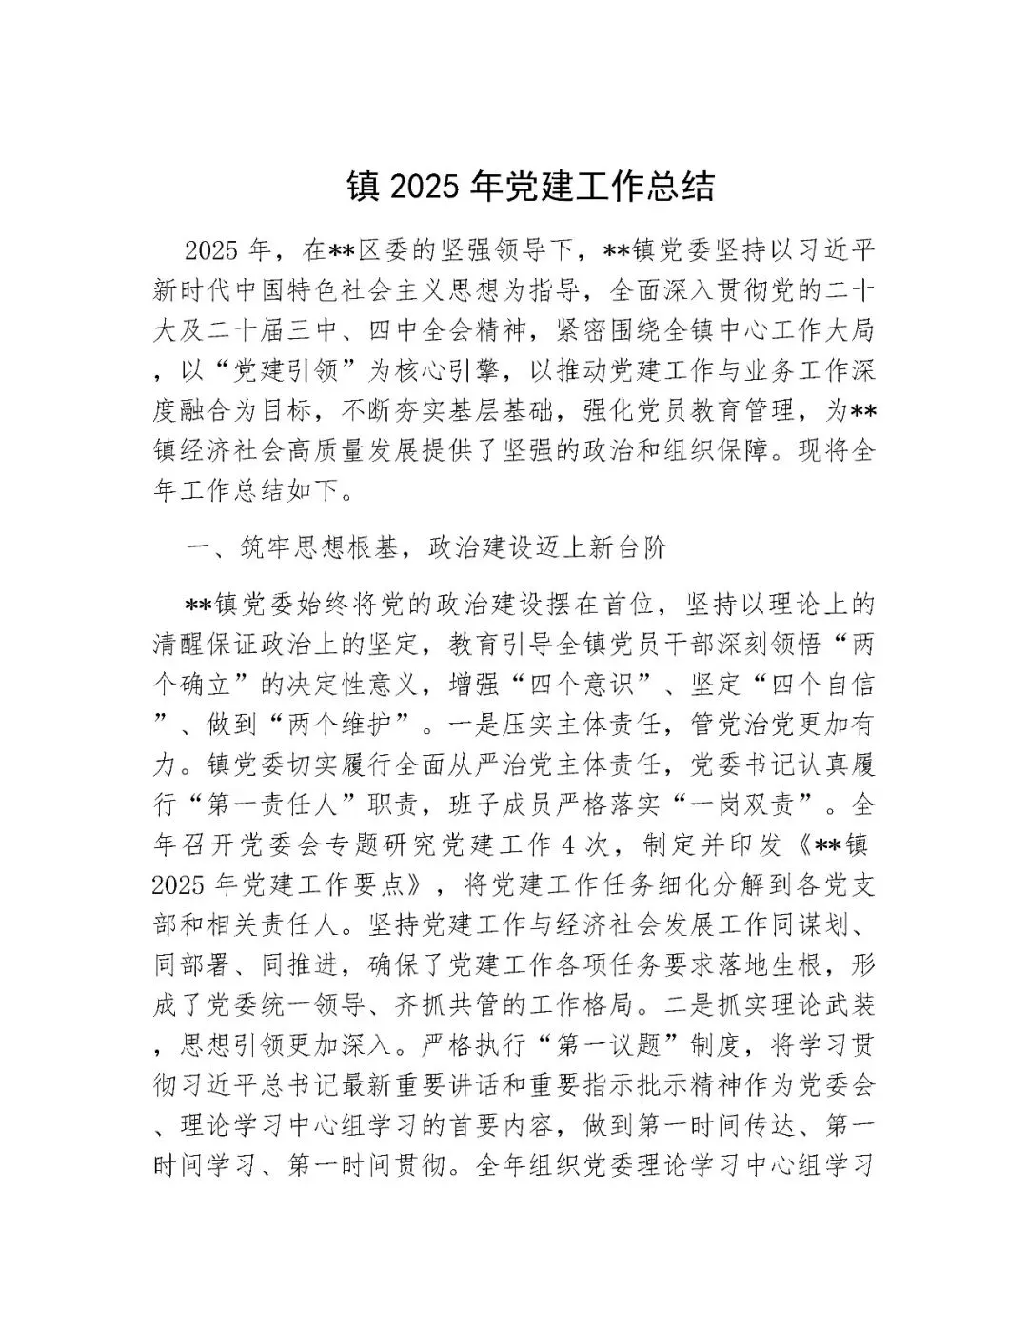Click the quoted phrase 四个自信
[810, 684]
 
